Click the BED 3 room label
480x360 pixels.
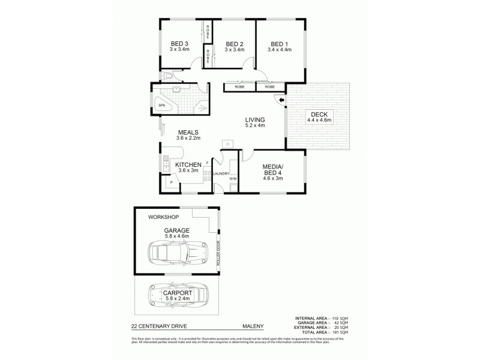tap(179, 43)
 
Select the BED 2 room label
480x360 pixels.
tap(234, 44)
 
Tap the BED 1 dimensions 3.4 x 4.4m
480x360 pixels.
tap(281, 50)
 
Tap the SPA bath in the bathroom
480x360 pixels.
tap(161, 106)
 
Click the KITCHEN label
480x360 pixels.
tap(187, 164)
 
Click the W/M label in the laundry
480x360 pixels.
tap(232, 178)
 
